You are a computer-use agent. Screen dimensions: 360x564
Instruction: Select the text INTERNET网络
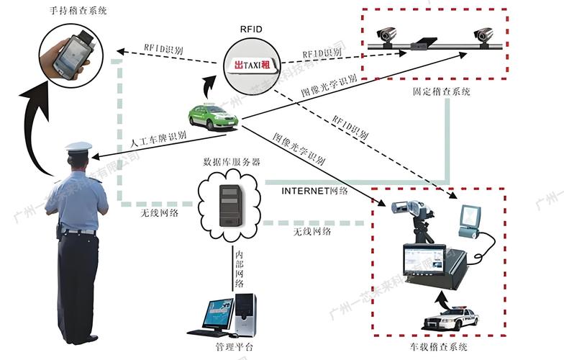(315, 191)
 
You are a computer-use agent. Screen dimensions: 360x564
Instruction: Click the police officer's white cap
(78, 147)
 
